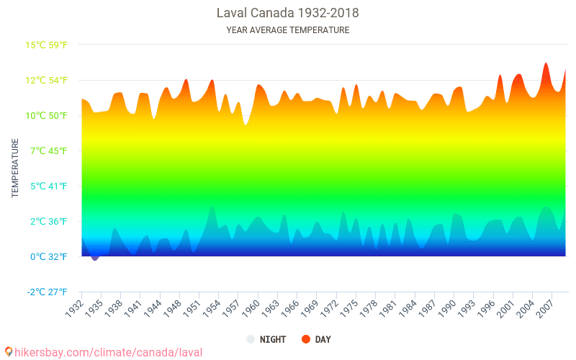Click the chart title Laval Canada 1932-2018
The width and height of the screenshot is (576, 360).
click(x=287, y=13)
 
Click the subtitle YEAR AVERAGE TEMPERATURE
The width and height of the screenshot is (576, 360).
click(x=287, y=30)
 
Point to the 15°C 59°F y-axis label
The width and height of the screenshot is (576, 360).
click(x=47, y=45)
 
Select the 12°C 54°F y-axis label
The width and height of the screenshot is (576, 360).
click(x=47, y=81)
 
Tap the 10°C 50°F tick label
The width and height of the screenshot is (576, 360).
click(x=47, y=116)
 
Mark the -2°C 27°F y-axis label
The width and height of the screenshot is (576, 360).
click(x=47, y=292)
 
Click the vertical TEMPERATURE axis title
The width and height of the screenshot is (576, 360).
click(x=15, y=168)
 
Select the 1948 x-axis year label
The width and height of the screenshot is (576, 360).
click(x=170, y=307)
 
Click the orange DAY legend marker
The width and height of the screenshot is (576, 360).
click(x=305, y=339)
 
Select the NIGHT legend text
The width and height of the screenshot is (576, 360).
click(x=273, y=339)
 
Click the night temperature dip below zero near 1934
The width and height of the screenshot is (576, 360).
click(x=94, y=258)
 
